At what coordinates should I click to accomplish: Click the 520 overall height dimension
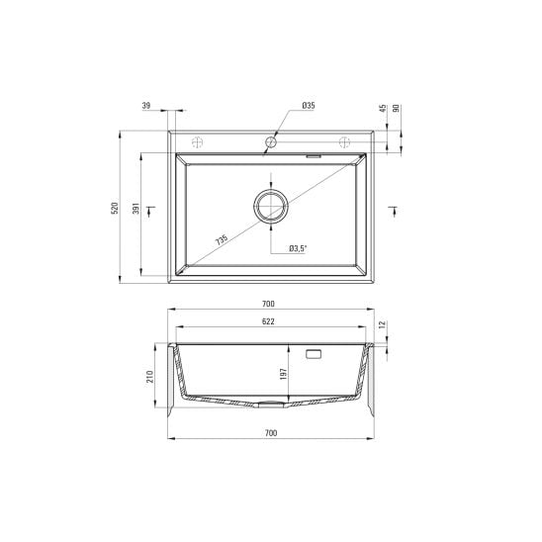[115, 208]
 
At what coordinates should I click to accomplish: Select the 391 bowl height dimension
[135, 208]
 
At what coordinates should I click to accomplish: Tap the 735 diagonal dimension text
[222, 240]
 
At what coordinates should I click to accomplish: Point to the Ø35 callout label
[309, 106]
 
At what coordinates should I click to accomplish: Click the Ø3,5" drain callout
[298, 248]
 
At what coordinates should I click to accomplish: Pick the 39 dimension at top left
[146, 106]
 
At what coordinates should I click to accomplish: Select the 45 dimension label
[383, 108]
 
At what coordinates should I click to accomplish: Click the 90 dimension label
[397, 108]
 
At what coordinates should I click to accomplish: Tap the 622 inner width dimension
[268, 321]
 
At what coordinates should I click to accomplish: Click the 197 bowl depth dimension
[284, 374]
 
